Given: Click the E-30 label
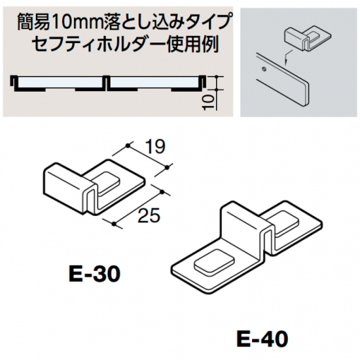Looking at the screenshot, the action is coord(94,274).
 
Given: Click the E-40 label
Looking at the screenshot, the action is coord(262,339).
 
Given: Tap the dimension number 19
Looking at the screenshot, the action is coord(155,147).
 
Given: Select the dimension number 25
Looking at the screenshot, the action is coord(149,215).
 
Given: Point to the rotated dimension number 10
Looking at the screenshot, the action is coord(208,102).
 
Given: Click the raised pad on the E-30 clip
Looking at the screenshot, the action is coord(108,183).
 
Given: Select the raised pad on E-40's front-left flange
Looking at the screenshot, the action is coord(214,262).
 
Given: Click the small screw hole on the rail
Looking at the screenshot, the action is coord(264,68).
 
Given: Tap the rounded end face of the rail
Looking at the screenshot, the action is coord(306,94).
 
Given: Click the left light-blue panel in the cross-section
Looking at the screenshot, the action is coord(59,82).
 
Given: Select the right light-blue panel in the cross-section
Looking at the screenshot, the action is coord(154,82).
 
